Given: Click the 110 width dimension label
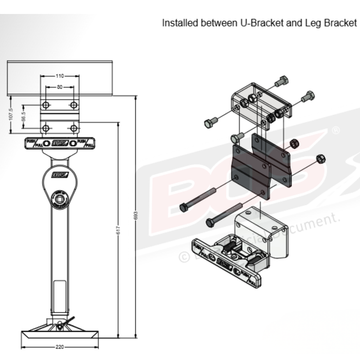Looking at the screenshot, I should click(x=60, y=76).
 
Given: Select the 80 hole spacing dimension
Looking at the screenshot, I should click(x=60, y=87).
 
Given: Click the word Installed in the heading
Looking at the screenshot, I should click(x=178, y=23).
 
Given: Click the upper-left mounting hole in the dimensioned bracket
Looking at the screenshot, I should click(x=46, y=105).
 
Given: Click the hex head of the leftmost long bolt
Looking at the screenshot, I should click(x=183, y=207).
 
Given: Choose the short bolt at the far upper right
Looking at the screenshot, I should click(x=309, y=96).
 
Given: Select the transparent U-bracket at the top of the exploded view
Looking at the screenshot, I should click(x=260, y=100).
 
